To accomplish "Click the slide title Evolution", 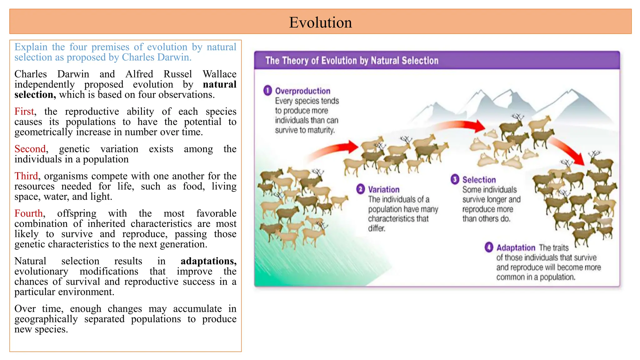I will tap(320, 22).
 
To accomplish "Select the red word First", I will tap(24, 112).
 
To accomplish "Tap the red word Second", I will tap(30, 149).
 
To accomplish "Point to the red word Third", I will tap(26, 176).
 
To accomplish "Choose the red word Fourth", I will tap(28, 213).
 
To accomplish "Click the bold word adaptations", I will tap(208, 261).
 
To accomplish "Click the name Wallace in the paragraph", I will tap(219, 74).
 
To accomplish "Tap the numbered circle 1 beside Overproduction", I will tap(267, 91).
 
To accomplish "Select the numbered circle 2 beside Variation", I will tap(360, 189).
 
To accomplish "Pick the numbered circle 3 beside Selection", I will tap(455, 179).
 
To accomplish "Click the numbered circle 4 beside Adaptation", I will tap(489, 247).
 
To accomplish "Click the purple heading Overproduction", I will tap(302, 91).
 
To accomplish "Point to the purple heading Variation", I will tap(383, 190).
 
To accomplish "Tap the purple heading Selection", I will tap(479, 180).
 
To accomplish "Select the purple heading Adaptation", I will tap(516, 248).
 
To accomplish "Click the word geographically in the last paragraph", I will tap(46, 319).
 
